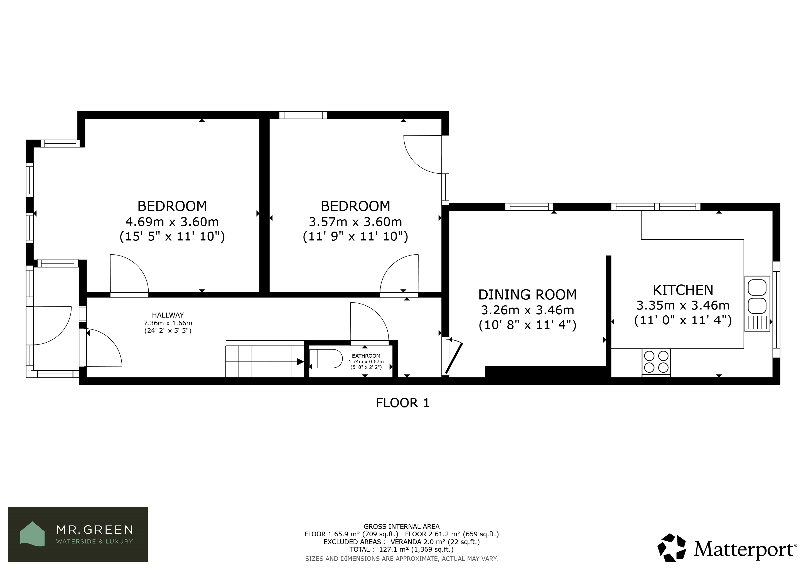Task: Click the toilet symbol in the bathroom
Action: click(x=326, y=358)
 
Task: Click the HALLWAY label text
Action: click(x=168, y=315)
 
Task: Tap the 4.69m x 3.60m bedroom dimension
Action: click(x=172, y=222)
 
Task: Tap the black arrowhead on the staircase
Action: click(x=300, y=362)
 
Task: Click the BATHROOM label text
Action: click(x=366, y=356)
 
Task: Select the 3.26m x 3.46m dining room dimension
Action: click(x=527, y=310)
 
